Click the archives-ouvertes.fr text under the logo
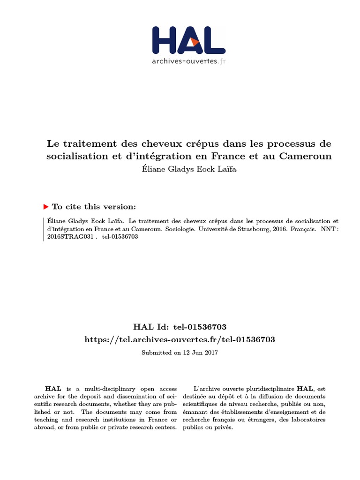(189, 61)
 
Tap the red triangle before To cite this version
(45, 206)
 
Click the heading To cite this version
(94, 206)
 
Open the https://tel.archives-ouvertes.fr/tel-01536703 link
(180, 339)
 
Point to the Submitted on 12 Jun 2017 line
(180, 352)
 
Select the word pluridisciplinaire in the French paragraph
(265, 389)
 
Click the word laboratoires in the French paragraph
(307, 420)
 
